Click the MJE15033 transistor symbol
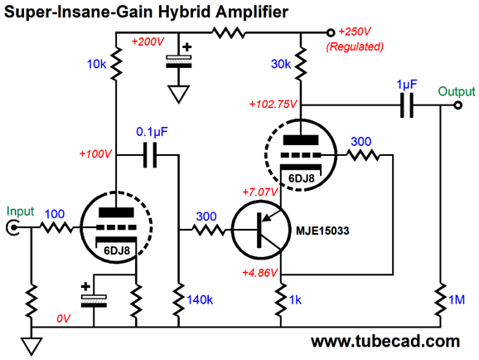click(x=260, y=230)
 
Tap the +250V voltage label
click(x=355, y=32)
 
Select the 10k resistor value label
click(x=96, y=64)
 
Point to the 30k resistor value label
click(x=281, y=64)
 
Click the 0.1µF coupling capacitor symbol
click(x=150, y=155)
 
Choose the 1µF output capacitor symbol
click(x=407, y=105)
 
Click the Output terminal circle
click(x=457, y=105)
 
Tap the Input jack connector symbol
click(x=12, y=228)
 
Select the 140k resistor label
click(x=200, y=300)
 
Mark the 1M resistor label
click(x=457, y=300)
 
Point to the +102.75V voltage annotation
click(x=273, y=105)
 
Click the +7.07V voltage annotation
click(x=260, y=192)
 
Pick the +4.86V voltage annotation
click(x=260, y=273)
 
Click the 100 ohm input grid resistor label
click(x=55, y=214)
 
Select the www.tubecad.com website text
click(x=385, y=342)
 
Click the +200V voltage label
click(x=148, y=41)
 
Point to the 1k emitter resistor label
click(x=295, y=300)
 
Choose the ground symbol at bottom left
click(x=31, y=346)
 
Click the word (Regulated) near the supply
click(x=355, y=46)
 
